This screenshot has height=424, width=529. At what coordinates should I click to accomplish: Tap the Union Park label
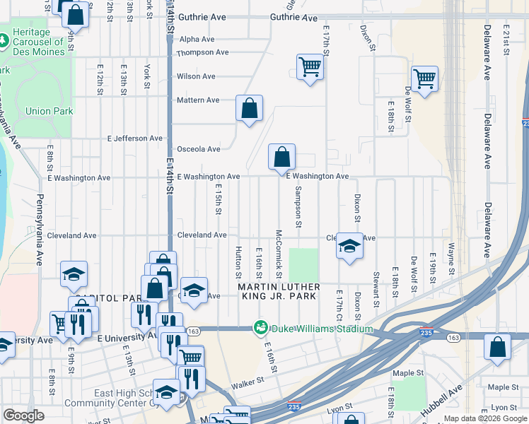[49, 111]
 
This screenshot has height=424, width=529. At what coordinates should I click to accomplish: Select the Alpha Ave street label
[197, 40]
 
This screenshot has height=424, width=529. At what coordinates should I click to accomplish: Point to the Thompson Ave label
[202, 52]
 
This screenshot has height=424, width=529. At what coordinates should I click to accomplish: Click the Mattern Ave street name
[198, 100]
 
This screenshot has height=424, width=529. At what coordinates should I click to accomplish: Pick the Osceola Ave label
[198, 149]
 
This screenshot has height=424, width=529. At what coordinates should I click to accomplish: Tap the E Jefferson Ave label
[134, 139]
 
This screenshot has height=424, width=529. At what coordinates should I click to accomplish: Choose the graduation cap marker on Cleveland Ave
[349, 246]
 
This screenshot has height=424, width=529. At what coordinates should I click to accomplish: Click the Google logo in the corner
[23, 416]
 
